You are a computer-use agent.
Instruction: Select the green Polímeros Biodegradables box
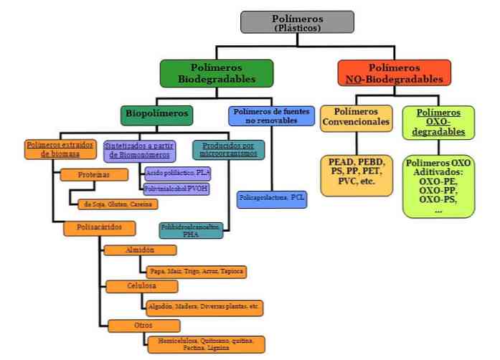tap(217, 73)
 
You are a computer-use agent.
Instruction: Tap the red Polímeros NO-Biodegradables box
tap(394, 73)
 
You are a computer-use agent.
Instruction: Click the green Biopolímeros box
tap(157, 113)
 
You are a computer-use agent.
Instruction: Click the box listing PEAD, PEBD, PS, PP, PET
tap(356, 174)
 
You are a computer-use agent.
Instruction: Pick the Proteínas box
tap(88, 174)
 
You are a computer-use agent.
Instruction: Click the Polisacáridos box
tap(98, 227)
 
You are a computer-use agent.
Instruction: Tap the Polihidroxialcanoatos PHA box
tap(191, 230)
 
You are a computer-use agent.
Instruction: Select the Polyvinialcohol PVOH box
tap(176, 189)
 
